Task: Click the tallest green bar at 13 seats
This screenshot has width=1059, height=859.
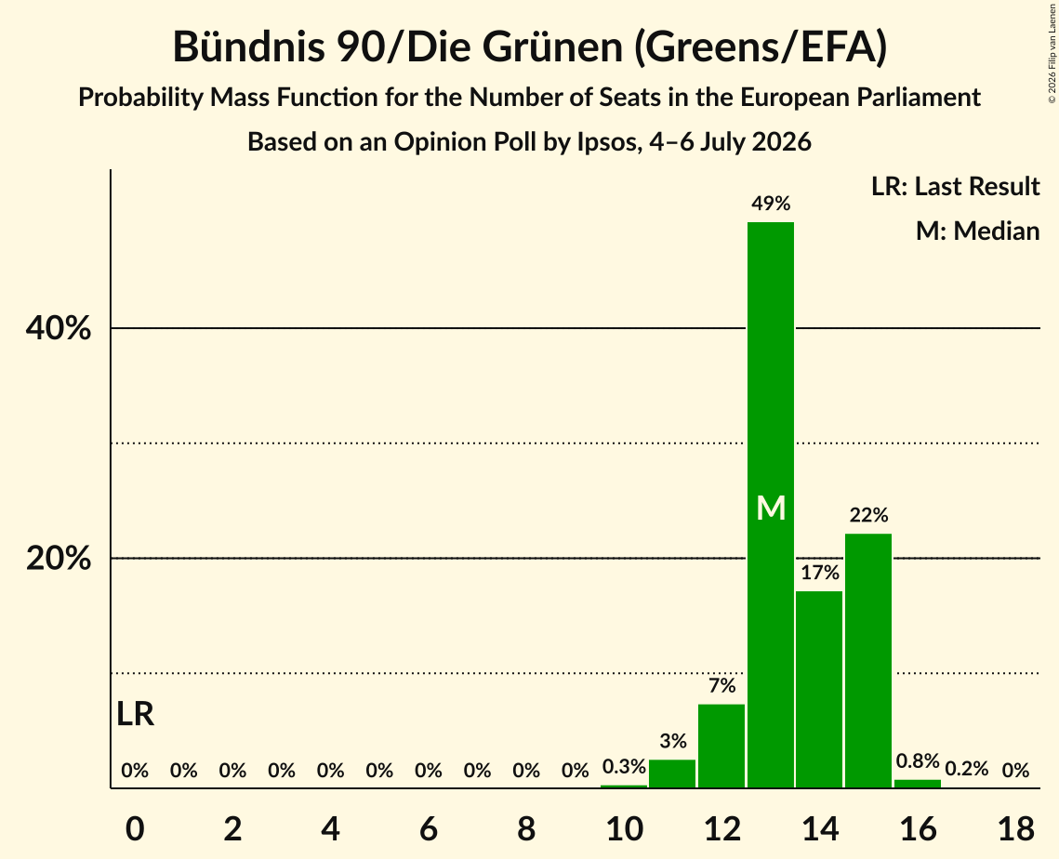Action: pos(771,505)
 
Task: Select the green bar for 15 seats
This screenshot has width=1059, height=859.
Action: pos(868,660)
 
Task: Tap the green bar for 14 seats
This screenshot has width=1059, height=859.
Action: pos(819,690)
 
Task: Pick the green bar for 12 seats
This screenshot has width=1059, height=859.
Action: pos(721,747)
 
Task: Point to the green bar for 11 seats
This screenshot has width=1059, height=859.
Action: pos(672,773)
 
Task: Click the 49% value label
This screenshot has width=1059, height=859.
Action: pos(771,204)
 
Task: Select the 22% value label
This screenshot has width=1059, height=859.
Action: pos(868,515)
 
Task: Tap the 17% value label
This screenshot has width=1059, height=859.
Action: pos(820,573)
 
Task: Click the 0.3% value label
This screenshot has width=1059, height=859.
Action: pos(624,766)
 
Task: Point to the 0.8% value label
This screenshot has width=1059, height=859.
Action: pos(918,761)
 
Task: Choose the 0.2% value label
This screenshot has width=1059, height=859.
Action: pos(966,769)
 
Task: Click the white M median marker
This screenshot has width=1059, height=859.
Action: pos(771,508)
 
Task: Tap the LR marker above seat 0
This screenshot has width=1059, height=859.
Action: pos(135,714)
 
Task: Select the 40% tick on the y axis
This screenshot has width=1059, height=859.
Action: pos(58,328)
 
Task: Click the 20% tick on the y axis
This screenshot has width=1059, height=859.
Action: pos(58,559)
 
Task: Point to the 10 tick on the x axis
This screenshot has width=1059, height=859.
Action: pos(624,828)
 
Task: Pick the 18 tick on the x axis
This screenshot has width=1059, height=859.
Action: pos(1016,828)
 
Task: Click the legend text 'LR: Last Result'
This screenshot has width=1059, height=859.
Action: pos(955,186)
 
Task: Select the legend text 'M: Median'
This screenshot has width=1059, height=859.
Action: pos(977,231)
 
